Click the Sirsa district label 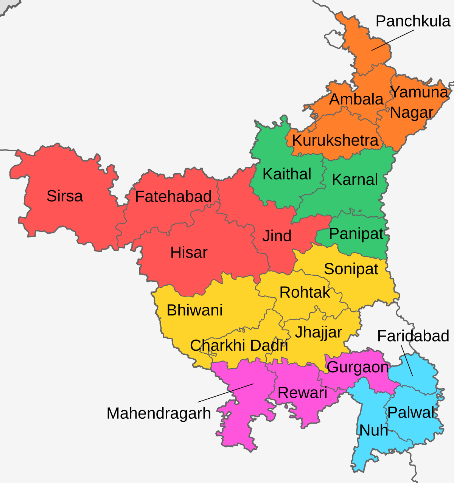click(65, 196)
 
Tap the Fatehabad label click(173, 197)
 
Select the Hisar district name click(189, 252)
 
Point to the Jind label click(277, 236)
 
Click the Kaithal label click(287, 174)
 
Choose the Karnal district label click(355, 180)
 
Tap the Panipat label click(356, 234)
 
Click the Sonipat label click(351, 269)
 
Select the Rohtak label click(305, 292)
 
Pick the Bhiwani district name click(194, 310)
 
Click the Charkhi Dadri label click(239, 345)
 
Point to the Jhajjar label click(319, 332)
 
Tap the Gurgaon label click(358, 367)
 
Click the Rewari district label click(302, 393)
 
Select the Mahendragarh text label click(159, 413)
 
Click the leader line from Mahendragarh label click(226, 393)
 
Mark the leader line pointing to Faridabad click(407, 360)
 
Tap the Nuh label click(373, 430)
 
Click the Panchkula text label click(413, 21)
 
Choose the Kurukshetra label click(335, 141)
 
